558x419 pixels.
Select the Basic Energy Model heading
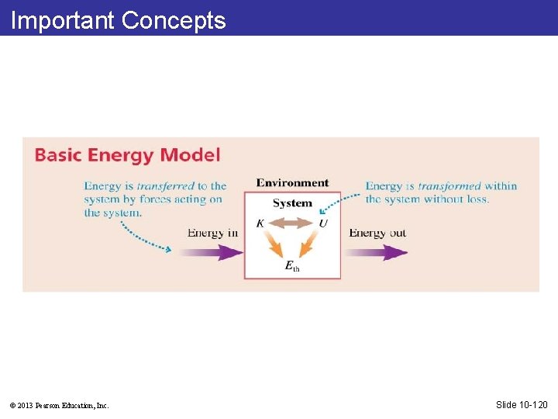127,154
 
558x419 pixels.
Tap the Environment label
292,183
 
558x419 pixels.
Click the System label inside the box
292,203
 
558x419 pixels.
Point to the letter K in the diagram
260,223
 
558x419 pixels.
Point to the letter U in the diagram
323,223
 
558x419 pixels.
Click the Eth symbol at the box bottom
292,266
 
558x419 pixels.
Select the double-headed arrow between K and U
291,223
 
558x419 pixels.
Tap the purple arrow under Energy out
376,252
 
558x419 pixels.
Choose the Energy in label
212,233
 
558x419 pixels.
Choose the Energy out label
377,233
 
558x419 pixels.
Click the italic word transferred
165,186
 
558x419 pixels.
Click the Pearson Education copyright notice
59,405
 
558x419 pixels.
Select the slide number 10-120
522,404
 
